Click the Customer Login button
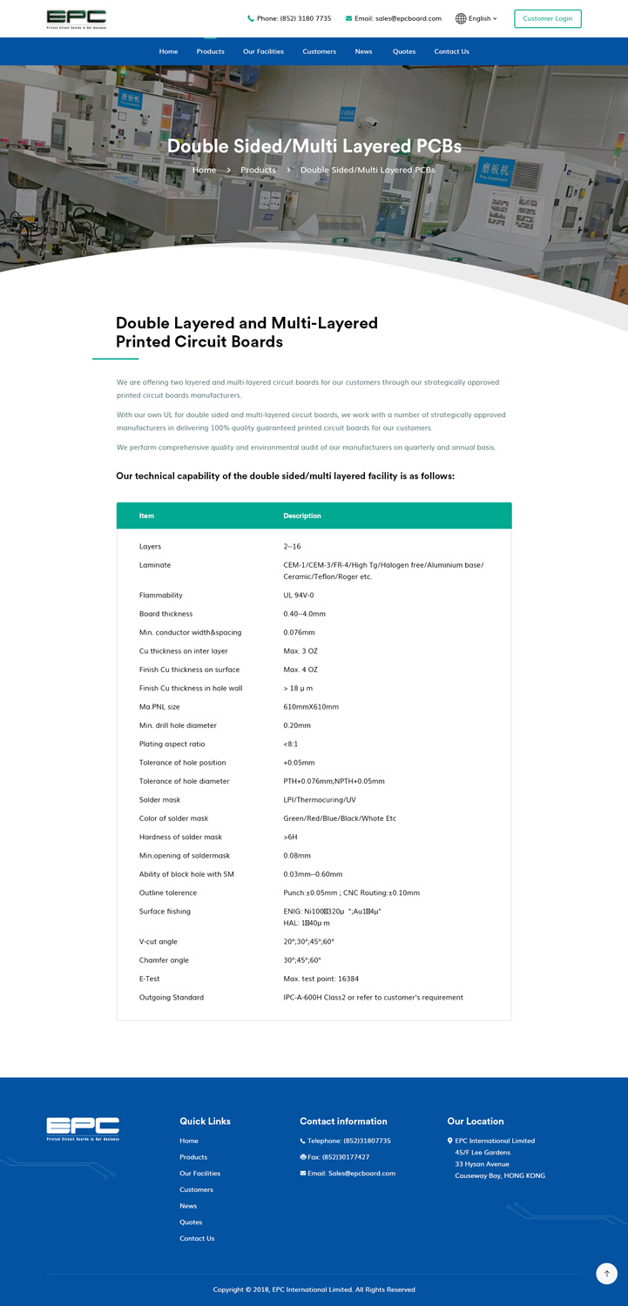click(547, 18)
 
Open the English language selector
click(476, 18)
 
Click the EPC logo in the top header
click(77, 19)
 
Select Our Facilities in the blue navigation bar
click(263, 51)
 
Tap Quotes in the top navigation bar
click(404, 51)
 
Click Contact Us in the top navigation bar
click(451, 51)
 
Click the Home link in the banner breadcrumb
click(204, 170)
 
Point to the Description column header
click(301, 515)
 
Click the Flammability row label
click(161, 596)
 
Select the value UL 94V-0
click(299, 596)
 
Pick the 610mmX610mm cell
click(311, 707)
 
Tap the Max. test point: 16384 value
click(321, 979)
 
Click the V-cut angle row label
click(159, 941)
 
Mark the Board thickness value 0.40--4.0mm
click(304, 614)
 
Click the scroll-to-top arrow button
click(606, 1273)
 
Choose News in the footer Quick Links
click(188, 1206)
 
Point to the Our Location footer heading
click(475, 1121)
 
